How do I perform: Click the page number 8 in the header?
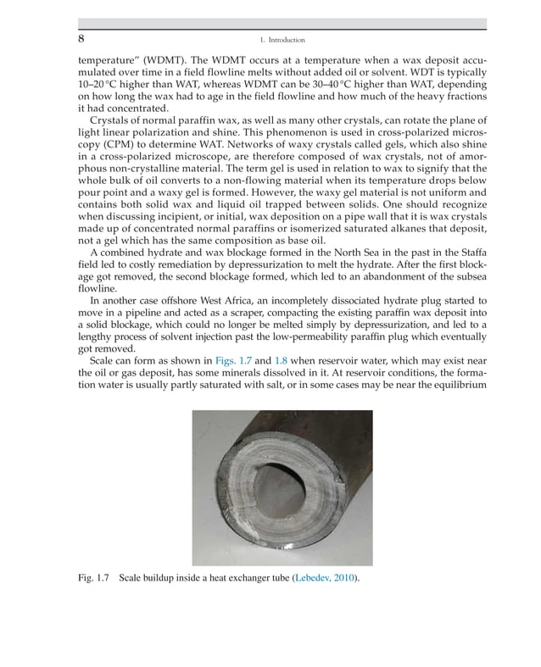[81, 39]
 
